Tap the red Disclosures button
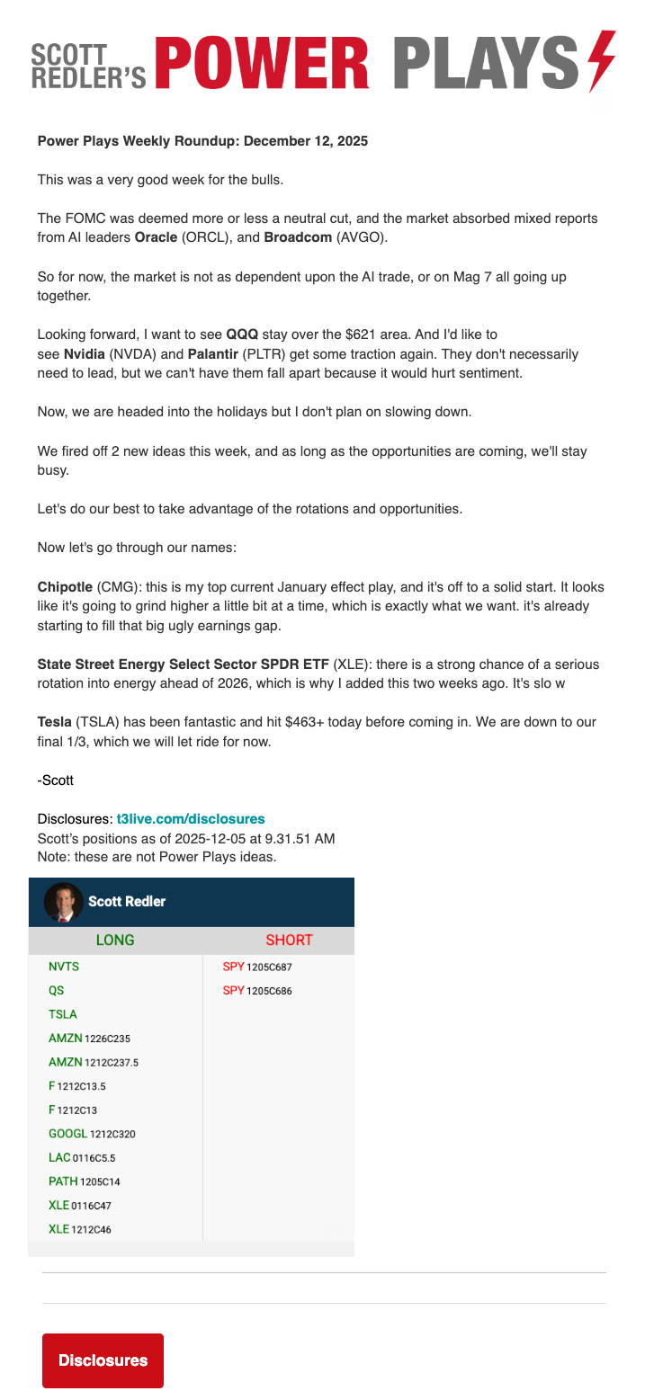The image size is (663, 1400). pyautogui.click(x=103, y=1360)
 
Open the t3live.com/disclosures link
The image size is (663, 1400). pyautogui.click(x=191, y=819)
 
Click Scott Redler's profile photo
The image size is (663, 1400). pyautogui.click(x=63, y=902)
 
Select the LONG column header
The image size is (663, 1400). pyautogui.click(x=115, y=941)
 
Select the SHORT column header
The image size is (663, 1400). pyautogui.click(x=289, y=941)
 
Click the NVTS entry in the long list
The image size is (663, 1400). pyautogui.click(x=63, y=968)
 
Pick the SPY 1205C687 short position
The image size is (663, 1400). pyautogui.click(x=257, y=968)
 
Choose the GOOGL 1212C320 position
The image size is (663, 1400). pyautogui.click(x=92, y=1135)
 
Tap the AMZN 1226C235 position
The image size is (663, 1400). pyautogui.click(x=89, y=1039)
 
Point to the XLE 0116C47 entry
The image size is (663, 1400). pyautogui.click(x=79, y=1206)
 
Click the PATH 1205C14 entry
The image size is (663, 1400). pyautogui.click(x=84, y=1182)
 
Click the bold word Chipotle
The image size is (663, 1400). pyautogui.click(x=65, y=587)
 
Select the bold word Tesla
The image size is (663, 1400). pyautogui.click(x=55, y=723)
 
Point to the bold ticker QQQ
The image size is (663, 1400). pyautogui.click(x=242, y=334)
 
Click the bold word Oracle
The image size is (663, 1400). pyautogui.click(x=156, y=237)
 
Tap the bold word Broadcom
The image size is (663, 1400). pyautogui.click(x=300, y=237)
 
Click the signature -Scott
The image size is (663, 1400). pyautogui.click(x=56, y=780)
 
